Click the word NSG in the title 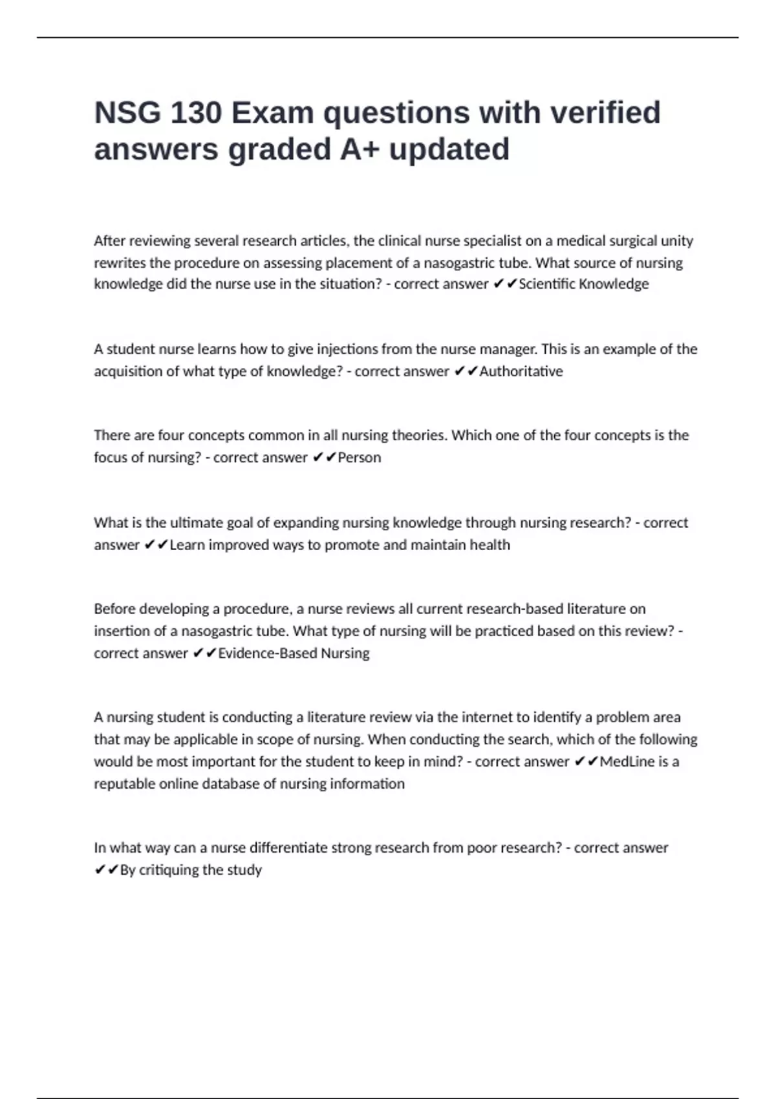coord(127,113)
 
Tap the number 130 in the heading coord(196,113)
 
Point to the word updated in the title coord(449,149)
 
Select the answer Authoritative coord(521,371)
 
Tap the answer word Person coord(360,458)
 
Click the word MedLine coord(627,762)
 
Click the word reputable coord(124,784)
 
